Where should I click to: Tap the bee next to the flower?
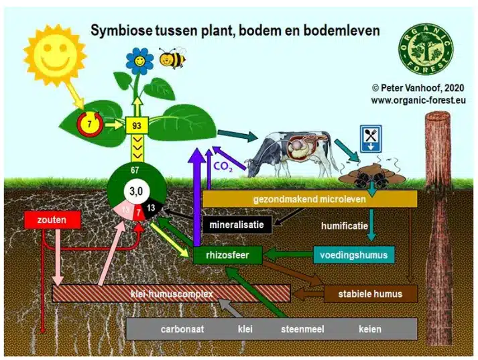tap(173, 58)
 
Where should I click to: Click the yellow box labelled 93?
tap(137, 125)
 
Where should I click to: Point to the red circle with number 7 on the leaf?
tap(88, 123)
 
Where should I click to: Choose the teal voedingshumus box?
tap(353, 255)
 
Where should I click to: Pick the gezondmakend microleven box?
tap(310, 199)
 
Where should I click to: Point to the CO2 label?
tap(223, 166)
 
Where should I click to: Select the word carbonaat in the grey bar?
tap(182, 329)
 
